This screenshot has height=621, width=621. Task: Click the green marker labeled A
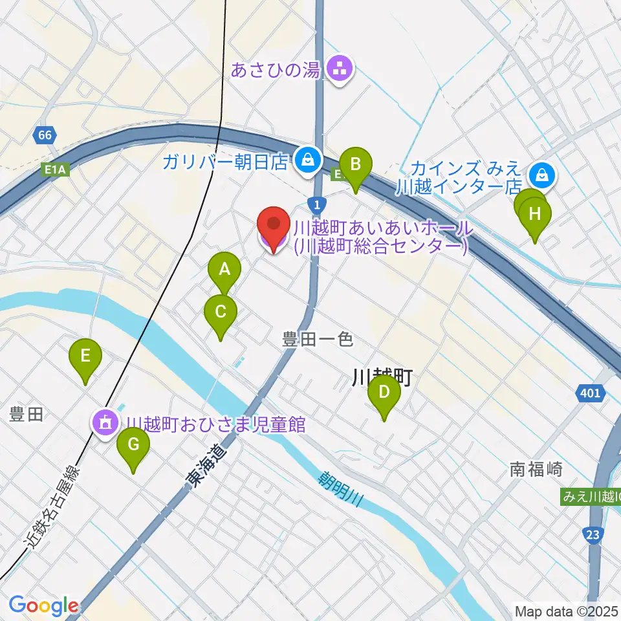tap(224, 270)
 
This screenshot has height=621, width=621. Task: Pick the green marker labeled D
tap(384, 393)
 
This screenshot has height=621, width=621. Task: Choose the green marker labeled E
tap(85, 356)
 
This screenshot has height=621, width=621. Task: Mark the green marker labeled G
tap(133, 446)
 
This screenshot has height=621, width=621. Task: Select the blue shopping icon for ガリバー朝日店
tap(307, 160)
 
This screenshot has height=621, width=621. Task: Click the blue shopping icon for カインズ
tap(539, 174)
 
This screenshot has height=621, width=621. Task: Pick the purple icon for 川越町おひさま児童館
tap(105, 424)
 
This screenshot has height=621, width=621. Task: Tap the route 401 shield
tap(590, 393)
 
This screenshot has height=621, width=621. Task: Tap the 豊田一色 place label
tap(318, 338)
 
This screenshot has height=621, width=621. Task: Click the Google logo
tap(43, 605)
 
